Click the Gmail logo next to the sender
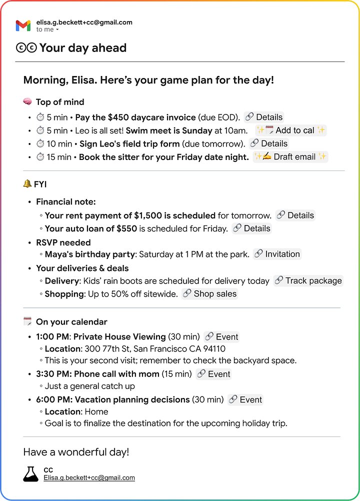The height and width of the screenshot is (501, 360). pyautogui.click(x=23, y=25)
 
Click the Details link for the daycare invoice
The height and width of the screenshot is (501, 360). pyautogui.click(x=263, y=117)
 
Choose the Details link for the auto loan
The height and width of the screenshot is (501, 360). pyautogui.click(x=251, y=228)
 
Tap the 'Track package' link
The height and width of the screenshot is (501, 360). pyautogui.click(x=308, y=280)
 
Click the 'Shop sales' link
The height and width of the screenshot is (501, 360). pyautogui.click(x=209, y=294)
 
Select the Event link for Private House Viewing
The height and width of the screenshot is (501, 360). pyautogui.click(x=221, y=336)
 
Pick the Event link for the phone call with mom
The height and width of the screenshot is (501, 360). pyautogui.click(x=213, y=374)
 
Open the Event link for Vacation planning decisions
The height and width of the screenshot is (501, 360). pyautogui.click(x=245, y=399)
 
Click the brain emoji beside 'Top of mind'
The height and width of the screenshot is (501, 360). pyautogui.click(x=27, y=102)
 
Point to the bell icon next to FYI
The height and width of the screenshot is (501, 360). pyautogui.click(x=27, y=184)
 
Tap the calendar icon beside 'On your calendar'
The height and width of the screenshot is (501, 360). pyautogui.click(x=27, y=321)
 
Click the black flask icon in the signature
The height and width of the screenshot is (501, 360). pyautogui.click(x=30, y=474)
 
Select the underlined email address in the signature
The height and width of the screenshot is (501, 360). pyautogui.click(x=89, y=478)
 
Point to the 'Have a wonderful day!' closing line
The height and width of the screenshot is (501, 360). pyautogui.click(x=76, y=452)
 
